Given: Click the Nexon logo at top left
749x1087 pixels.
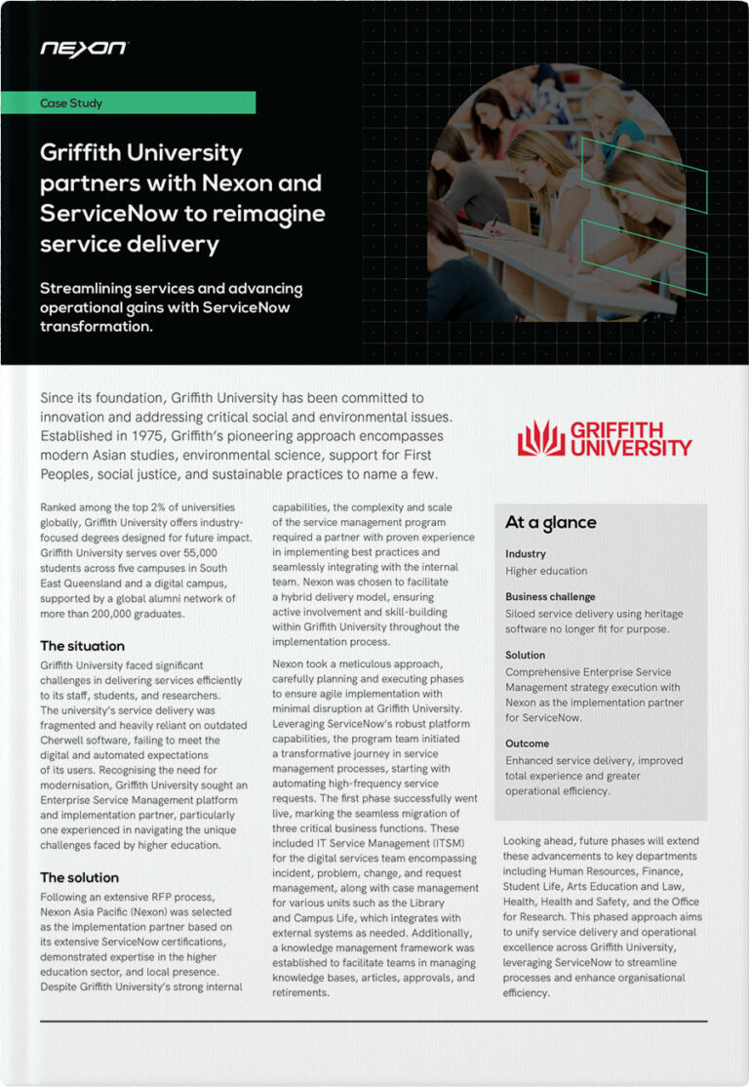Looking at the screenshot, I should tap(83, 48).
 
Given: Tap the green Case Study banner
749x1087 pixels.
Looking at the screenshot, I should tap(146, 102).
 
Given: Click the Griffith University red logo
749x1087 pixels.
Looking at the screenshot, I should tap(604, 438).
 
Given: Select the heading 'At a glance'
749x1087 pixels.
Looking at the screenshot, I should tap(550, 523).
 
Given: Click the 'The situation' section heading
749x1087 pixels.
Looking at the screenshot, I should tap(82, 646).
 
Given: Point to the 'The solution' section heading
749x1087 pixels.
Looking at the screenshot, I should tap(79, 877).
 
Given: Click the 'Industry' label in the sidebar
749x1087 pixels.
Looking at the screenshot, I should tap(526, 554).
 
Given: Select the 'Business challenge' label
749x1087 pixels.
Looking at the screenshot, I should tap(550, 596).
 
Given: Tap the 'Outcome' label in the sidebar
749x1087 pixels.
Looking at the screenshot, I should tap(528, 744).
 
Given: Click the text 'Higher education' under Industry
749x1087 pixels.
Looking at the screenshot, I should tap(546, 571).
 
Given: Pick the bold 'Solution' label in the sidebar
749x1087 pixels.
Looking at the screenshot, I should tap(526, 655).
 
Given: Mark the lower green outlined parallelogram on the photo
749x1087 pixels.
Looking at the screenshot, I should tap(644, 243).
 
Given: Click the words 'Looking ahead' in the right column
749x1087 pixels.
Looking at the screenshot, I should tap(539, 841).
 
